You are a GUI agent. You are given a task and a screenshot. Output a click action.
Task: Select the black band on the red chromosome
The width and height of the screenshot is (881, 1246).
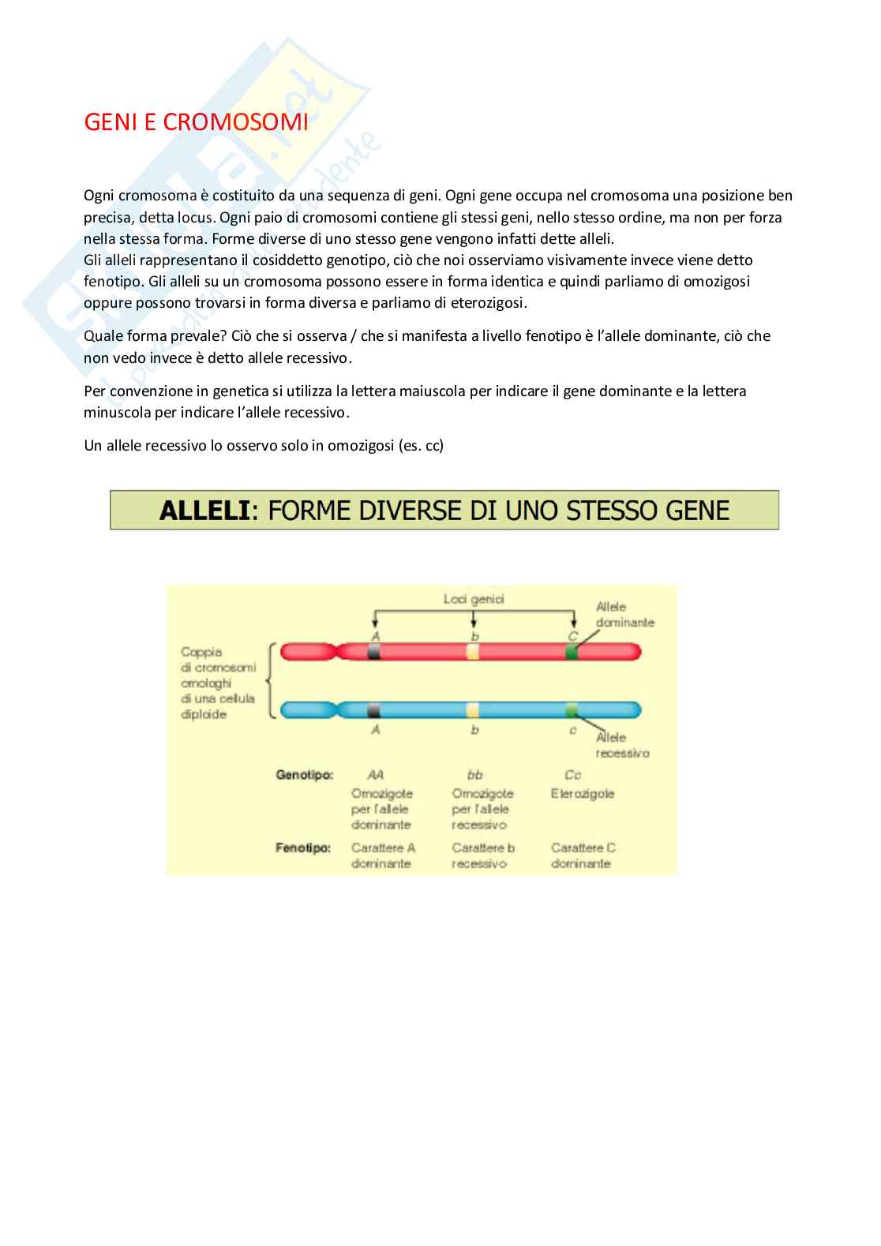coord(374,652)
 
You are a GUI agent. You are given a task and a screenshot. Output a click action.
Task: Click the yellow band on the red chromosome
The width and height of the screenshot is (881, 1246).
coord(473,652)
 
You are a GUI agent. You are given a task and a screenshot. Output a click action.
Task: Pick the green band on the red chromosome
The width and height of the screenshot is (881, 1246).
coord(572,652)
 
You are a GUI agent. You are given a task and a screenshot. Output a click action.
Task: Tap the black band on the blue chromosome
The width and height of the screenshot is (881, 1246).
coord(374,709)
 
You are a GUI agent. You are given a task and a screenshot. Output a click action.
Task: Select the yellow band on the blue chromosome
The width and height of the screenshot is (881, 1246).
coord(473,709)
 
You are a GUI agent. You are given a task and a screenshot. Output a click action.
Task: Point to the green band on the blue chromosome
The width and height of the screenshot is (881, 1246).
coord(572,709)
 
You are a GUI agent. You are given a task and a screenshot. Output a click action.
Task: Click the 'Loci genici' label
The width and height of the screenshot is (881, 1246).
coord(474,600)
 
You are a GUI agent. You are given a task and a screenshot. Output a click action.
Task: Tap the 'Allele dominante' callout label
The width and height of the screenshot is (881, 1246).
coord(624,615)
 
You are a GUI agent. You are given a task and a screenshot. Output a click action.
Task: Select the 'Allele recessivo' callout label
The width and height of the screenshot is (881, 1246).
coord(622,746)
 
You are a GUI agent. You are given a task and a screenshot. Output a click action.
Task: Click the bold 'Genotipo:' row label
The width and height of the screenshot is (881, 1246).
coord(305,775)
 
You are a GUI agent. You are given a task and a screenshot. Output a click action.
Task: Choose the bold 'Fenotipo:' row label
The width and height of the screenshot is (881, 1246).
coord(302,848)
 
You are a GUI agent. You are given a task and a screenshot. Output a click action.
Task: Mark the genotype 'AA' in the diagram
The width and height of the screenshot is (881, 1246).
coord(375,775)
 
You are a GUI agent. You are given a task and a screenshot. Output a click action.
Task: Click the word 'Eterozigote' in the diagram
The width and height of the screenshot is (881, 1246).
coord(583,794)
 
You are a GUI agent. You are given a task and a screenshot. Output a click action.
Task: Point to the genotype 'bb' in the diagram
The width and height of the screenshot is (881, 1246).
coord(474,775)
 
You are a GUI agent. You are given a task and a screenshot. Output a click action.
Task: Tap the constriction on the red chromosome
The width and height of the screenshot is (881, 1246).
coord(340,652)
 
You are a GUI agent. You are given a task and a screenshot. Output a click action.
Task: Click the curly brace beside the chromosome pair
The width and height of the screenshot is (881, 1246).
coord(270,680)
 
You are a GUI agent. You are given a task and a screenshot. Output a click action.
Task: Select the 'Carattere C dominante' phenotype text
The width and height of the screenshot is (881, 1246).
coord(583,855)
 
